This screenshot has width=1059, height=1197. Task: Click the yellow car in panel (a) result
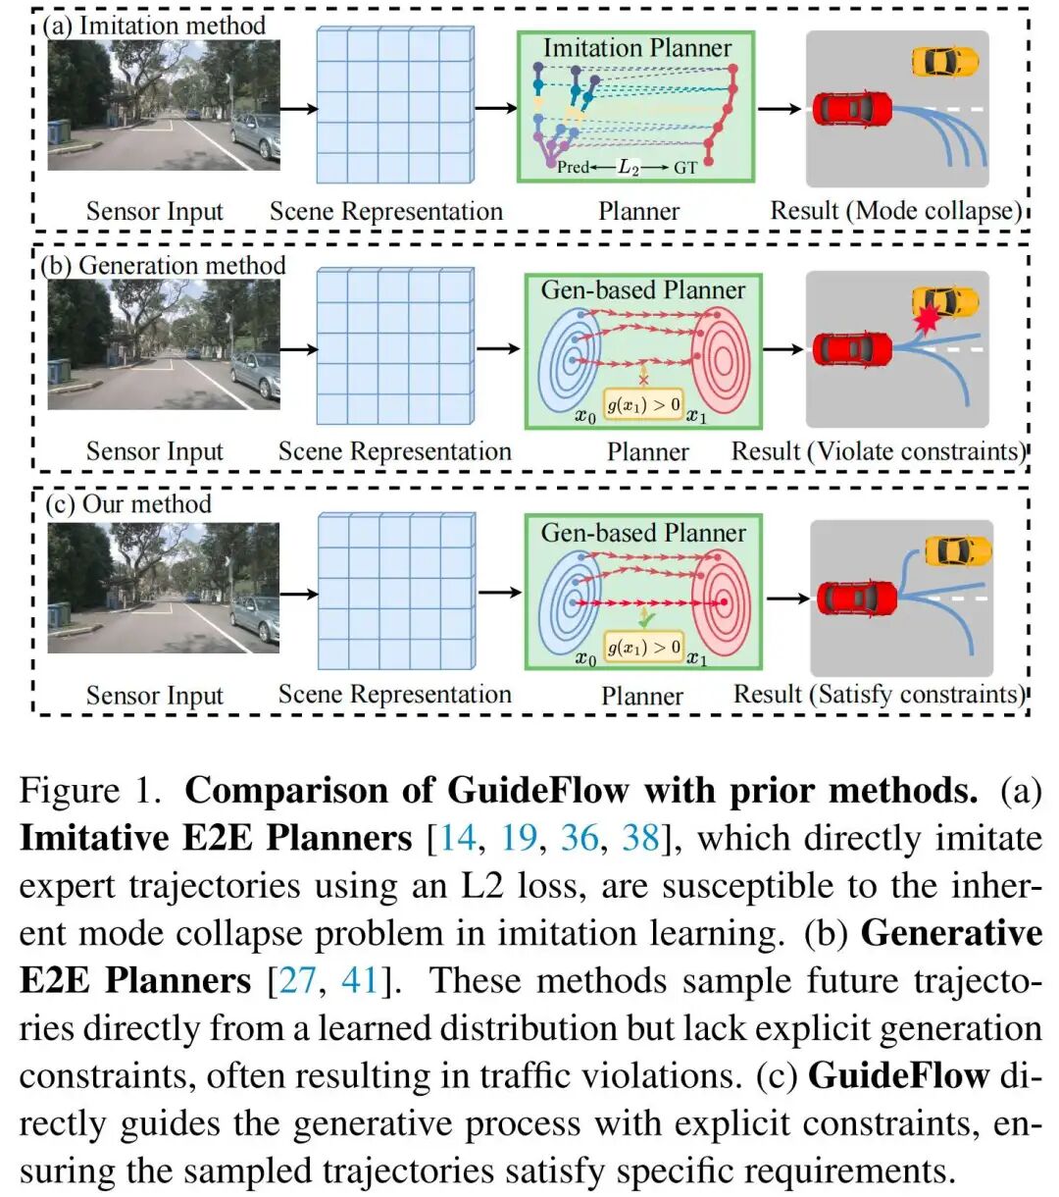[944, 62]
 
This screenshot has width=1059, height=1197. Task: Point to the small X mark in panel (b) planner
[644, 378]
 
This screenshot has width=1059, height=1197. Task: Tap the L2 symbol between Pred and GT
[629, 168]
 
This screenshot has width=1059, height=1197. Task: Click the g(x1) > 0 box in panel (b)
[643, 404]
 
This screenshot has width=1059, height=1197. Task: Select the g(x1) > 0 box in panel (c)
[643, 647]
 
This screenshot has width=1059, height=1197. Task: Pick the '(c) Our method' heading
[128, 504]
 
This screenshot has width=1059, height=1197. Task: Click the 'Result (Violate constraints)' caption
[878, 451]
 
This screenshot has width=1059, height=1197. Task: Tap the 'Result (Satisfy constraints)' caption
[879, 694]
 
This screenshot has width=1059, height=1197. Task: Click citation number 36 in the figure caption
[580, 838]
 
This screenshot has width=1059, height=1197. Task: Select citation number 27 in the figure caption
[298, 980]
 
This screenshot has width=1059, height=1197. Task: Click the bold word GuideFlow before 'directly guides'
[897, 1075]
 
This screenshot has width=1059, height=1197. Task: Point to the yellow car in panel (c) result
[957, 550]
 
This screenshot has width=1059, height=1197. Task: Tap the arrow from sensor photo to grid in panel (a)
[298, 109]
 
